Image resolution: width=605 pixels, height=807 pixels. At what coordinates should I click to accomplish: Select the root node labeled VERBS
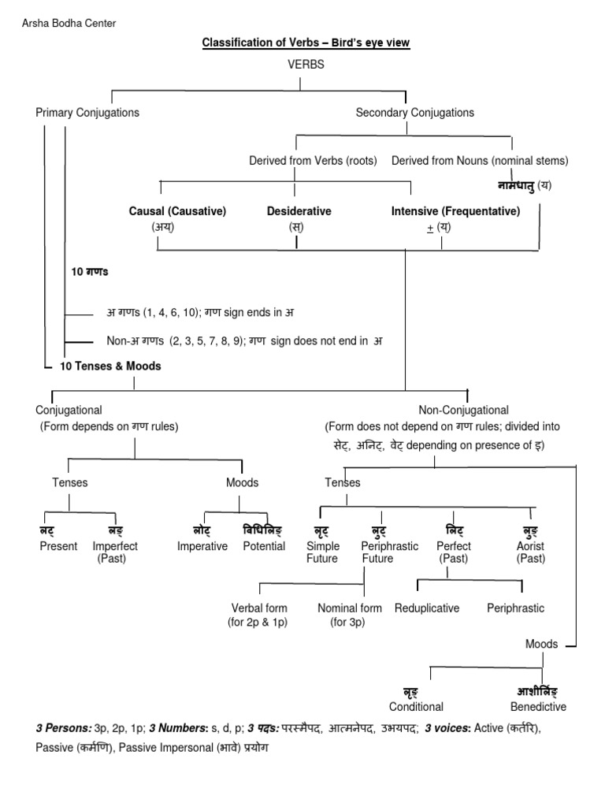click(306, 65)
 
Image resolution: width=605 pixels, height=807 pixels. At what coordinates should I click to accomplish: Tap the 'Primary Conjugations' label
click(87, 113)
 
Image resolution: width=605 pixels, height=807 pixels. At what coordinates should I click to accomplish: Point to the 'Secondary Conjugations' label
click(414, 113)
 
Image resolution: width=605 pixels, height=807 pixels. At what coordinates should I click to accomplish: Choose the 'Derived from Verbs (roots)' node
click(313, 161)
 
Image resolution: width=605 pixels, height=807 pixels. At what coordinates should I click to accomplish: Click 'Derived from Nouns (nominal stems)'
click(480, 161)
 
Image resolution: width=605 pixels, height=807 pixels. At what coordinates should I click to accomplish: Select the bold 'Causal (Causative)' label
click(177, 211)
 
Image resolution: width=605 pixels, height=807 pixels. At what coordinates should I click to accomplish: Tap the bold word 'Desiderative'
click(299, 211)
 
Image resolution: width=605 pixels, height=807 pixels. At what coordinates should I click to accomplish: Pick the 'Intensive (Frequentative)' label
click(455, 211)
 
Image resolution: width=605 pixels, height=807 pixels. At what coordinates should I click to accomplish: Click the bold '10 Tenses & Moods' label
click(111, 366)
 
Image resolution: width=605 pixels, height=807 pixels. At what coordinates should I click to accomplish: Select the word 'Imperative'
click(202, 546)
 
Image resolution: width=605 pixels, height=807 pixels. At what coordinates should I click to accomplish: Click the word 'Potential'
click(264, 546)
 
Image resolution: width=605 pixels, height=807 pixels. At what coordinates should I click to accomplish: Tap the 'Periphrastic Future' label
click(389, 552)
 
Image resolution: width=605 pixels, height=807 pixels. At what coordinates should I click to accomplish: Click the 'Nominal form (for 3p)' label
click(350, 615)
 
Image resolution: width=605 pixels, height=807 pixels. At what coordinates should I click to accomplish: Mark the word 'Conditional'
click(416, 706)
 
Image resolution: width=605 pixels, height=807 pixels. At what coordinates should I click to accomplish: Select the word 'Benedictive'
click(538, 706)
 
